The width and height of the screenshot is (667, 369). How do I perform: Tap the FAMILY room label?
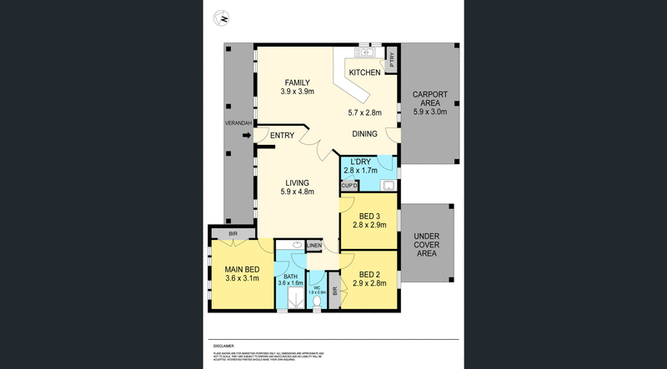click(x=297, y=82)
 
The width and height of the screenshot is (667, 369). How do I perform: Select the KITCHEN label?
click(x=364, y=73)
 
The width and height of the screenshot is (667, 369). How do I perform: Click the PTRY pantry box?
click(x=391, y=59)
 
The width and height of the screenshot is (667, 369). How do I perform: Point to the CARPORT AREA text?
click(x=430, y=100)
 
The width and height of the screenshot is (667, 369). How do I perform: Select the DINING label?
click(x=364, y=133)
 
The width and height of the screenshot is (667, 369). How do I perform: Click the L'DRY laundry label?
click(x=360, y=161)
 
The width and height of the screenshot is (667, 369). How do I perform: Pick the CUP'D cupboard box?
click(x=349, y=186)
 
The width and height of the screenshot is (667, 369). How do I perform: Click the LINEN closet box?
click(x=313, y=245)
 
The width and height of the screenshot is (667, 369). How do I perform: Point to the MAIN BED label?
click(x=243, y=268)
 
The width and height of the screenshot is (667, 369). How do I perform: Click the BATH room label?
click(x=290, y=277)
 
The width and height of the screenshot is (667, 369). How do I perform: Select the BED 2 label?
click(x=370, y=274)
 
